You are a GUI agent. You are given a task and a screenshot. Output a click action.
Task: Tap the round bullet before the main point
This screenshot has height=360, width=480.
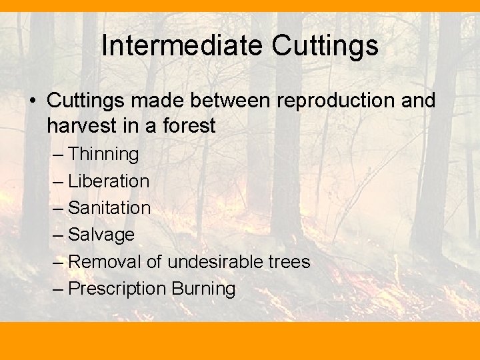[x=31, y=101]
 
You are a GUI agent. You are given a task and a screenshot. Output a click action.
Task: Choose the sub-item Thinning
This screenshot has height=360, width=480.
[x=103, y=154]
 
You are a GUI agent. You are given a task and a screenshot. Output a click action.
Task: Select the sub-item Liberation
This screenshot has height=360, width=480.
[x=109, y=181]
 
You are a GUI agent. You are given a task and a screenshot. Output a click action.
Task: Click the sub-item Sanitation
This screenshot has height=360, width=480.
[x=109, y=207]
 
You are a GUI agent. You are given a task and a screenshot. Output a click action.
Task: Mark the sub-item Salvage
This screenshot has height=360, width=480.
[x=101, y=235]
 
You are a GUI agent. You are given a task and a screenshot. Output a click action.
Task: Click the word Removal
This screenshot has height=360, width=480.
[x=105, y=261]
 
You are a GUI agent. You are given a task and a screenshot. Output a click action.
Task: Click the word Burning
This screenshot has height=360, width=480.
[x=203, y=289]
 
